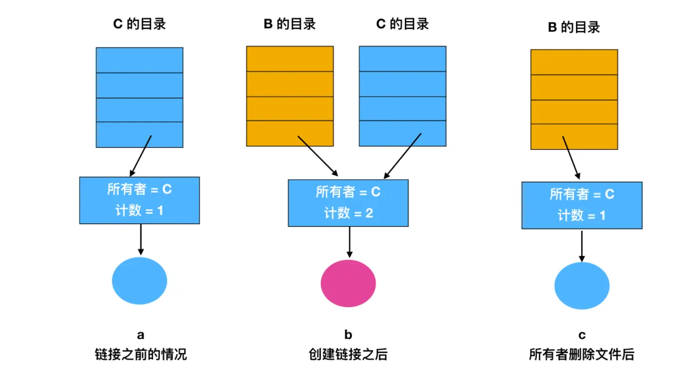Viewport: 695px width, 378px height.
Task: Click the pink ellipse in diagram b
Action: pos(348,283)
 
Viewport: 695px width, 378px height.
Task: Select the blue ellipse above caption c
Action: pos(582,286)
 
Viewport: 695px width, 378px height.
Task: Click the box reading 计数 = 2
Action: pos(348,203)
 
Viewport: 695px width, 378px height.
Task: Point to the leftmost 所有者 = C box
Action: pos(140,200)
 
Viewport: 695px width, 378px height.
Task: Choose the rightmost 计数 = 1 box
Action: pos(582,205)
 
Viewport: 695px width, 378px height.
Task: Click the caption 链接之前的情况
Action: pos(141,354)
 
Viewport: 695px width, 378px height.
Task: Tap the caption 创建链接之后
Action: pos(348,354)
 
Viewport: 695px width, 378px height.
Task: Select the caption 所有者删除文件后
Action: pos(582,354)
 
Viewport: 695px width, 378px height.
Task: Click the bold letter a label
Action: pos(141,335)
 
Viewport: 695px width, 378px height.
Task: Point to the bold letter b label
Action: pos(348,335)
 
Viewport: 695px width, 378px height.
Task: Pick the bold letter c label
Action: pos(582,335)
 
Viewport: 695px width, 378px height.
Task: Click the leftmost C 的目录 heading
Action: pos(140,24)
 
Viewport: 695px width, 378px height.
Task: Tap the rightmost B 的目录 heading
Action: pos(573,27)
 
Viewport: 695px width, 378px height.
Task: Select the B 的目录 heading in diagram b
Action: pos(290,24)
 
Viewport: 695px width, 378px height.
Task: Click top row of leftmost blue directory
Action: pos(140,60)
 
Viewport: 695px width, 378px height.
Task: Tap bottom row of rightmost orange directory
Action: pos(574,137)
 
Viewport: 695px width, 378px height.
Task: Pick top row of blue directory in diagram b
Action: pos(402,59)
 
